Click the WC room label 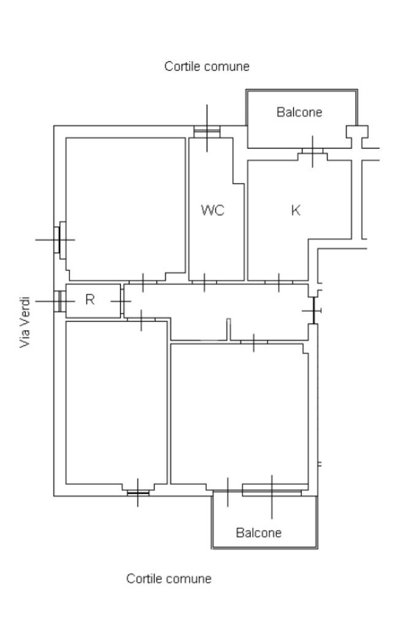[x=213, y=210]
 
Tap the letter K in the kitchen [x=296, y=210]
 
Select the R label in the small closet [x=90, y=300]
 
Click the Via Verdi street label [x=25, y=323]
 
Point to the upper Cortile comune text [x=207, y=66]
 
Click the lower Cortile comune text [x=169, y=579]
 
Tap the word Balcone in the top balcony [x=299, y=112]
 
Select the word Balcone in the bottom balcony [x=258, y=533]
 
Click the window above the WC [x=207, y=130]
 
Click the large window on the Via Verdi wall [x=59, y=239]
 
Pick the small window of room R [x=58, y=301]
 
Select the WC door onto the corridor [x=204, y=282]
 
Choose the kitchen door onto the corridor [x=279, y=282]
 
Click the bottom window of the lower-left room [x=137, y=492]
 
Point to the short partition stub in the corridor [x=228, y=329]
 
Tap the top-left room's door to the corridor [x=142, y=282]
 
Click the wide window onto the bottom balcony [x=272, y=491]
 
